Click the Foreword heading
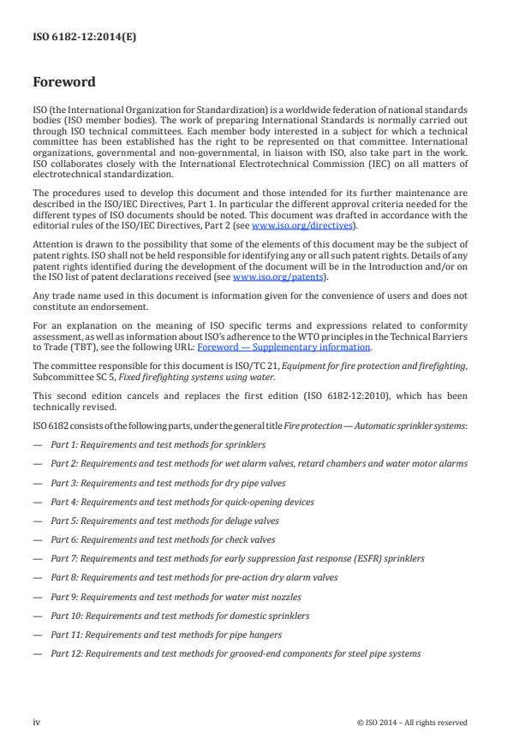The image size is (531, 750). pos(63,83)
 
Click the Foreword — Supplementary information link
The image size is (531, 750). pos(284,348)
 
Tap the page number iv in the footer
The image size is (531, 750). pos(37,722)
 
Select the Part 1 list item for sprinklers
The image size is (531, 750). pos(158,445)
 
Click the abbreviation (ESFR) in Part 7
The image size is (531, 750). pos(351,558)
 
